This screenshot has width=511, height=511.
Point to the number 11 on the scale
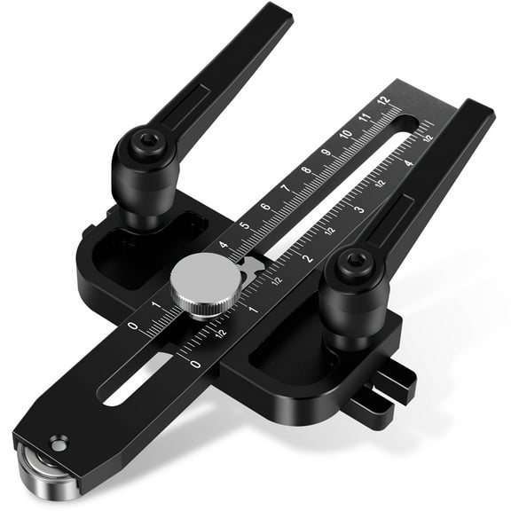365,116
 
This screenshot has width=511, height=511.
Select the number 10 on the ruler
346,134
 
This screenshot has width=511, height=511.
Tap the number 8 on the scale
306,170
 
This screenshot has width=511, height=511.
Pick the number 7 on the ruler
285,189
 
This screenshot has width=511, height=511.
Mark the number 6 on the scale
265,208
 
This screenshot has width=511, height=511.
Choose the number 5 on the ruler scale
245,226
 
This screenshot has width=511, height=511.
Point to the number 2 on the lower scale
309,258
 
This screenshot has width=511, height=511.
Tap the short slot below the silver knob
133,379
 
